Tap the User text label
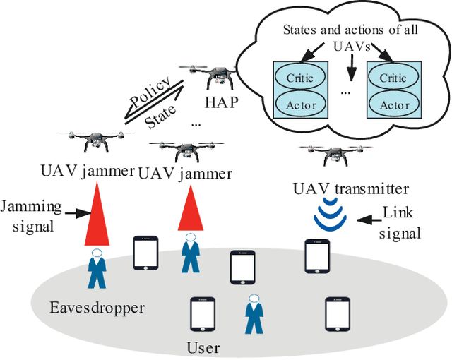(x=203, y=347)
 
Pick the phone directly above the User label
(x=202, y=315)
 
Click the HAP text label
(x=221, y=101)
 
